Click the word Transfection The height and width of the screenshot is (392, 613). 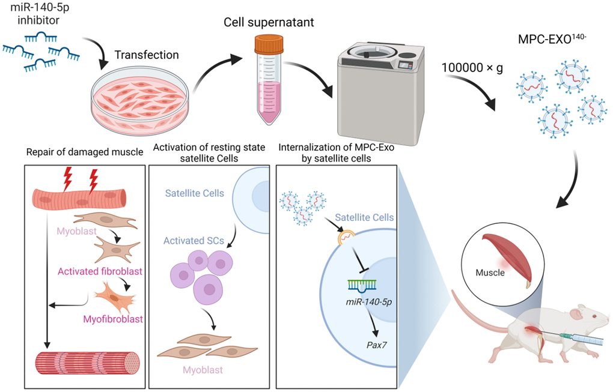(x=147, y=55)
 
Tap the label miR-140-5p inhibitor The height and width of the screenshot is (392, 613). (x=38, y=16)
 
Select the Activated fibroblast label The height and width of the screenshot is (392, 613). (x=100, y=271)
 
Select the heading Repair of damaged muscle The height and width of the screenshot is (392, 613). (x=85, y=152)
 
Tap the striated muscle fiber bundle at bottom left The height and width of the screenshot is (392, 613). (x=88, y=363)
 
